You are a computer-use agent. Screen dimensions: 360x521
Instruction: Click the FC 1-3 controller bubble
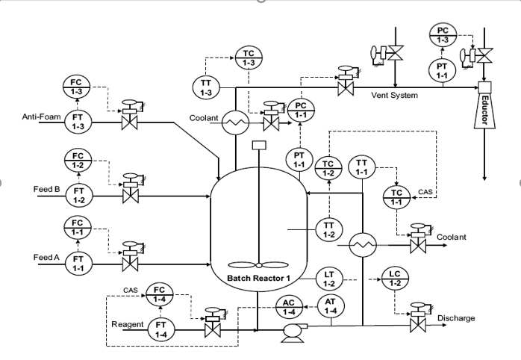(x=77, y=87)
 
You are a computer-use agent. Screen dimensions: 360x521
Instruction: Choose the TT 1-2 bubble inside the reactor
(x=328, y=229)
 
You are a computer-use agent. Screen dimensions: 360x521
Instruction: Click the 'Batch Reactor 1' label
(x=258, y=279)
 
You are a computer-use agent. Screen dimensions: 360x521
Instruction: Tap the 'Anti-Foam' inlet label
(x=40, y=116)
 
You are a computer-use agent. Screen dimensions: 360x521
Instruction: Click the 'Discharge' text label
(x=455, y=318)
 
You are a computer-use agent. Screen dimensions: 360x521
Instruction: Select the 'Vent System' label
(x=394, y=95)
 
